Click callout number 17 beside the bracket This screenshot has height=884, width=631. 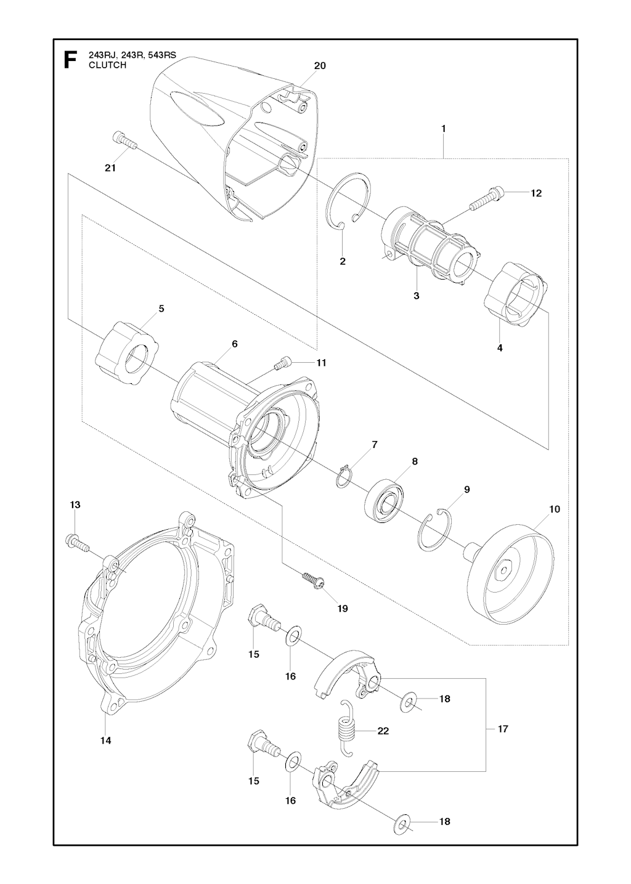(x=503, y=729)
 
